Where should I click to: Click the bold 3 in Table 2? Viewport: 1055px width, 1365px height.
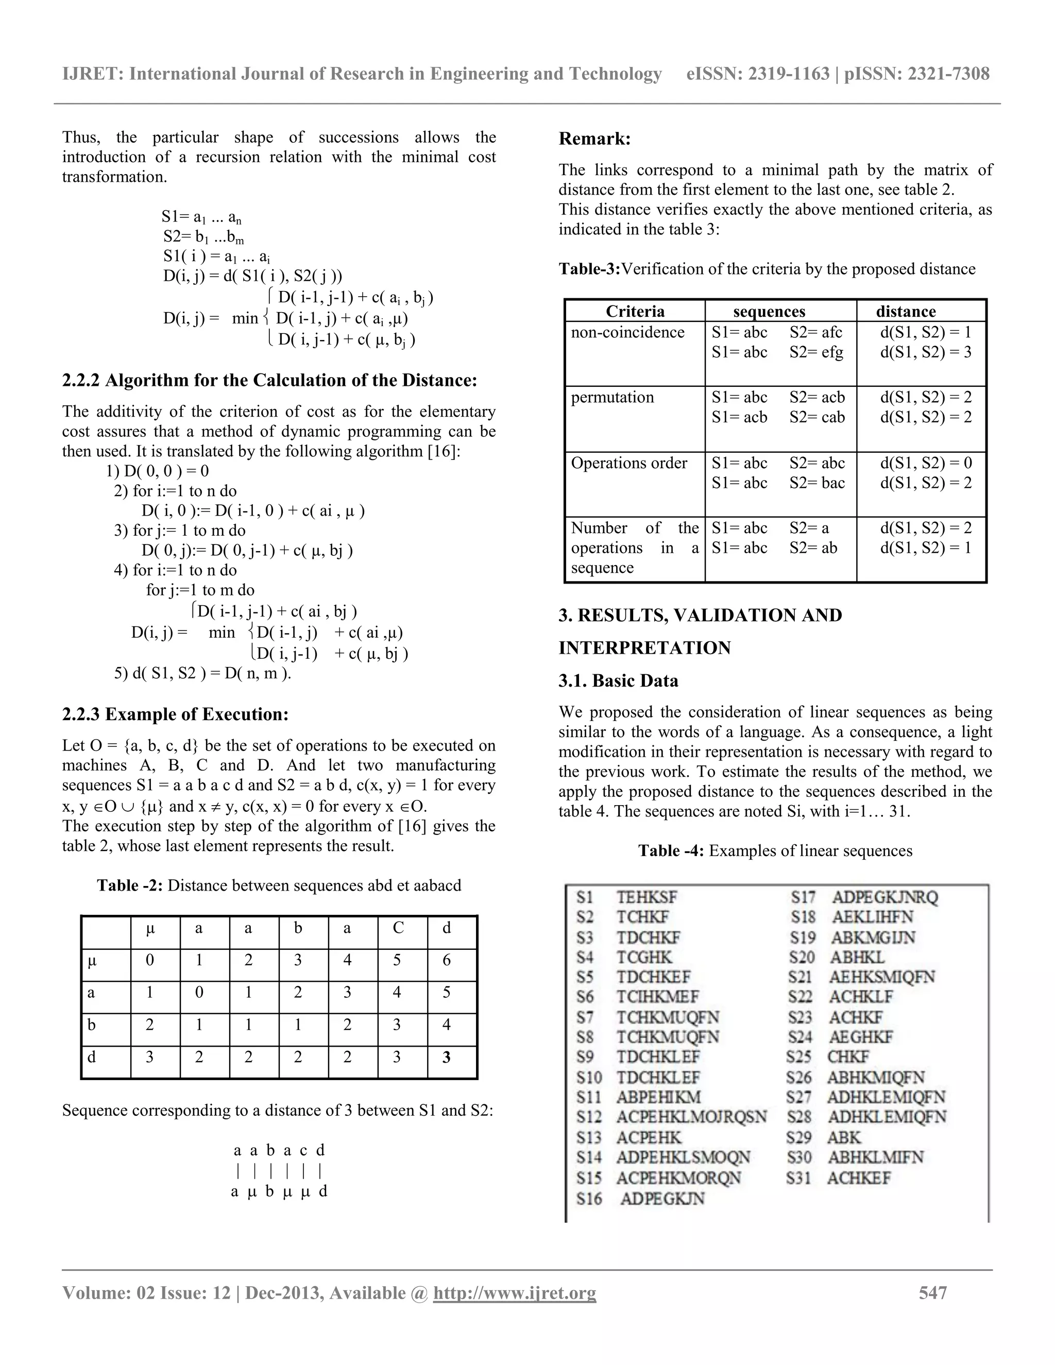[x=446, y=1057]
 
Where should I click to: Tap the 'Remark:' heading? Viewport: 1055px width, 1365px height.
[x=594, y=139]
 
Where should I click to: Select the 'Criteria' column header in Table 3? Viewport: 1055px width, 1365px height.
[x=635, y=311]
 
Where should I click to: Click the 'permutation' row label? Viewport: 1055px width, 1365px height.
[x=612, y=398]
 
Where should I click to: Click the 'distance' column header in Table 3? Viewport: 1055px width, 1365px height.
[x=906, y=311]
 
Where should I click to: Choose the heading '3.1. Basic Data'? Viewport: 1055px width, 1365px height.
[x=618, y=680]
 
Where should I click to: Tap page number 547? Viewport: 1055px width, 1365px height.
[x=932, y=1292]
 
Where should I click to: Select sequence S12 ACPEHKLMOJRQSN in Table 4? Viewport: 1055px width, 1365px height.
[x=671, y=1117]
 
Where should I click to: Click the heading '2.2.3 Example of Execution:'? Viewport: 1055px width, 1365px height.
[x=175, y=714]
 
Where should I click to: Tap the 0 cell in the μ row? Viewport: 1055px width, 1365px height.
[x=150, y=960]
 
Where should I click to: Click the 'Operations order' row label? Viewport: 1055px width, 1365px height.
[x=629, y=463]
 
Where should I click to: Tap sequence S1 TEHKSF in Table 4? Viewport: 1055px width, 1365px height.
[x=627, y=897]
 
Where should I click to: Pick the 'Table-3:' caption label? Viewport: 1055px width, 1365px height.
[x=589, y=269]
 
